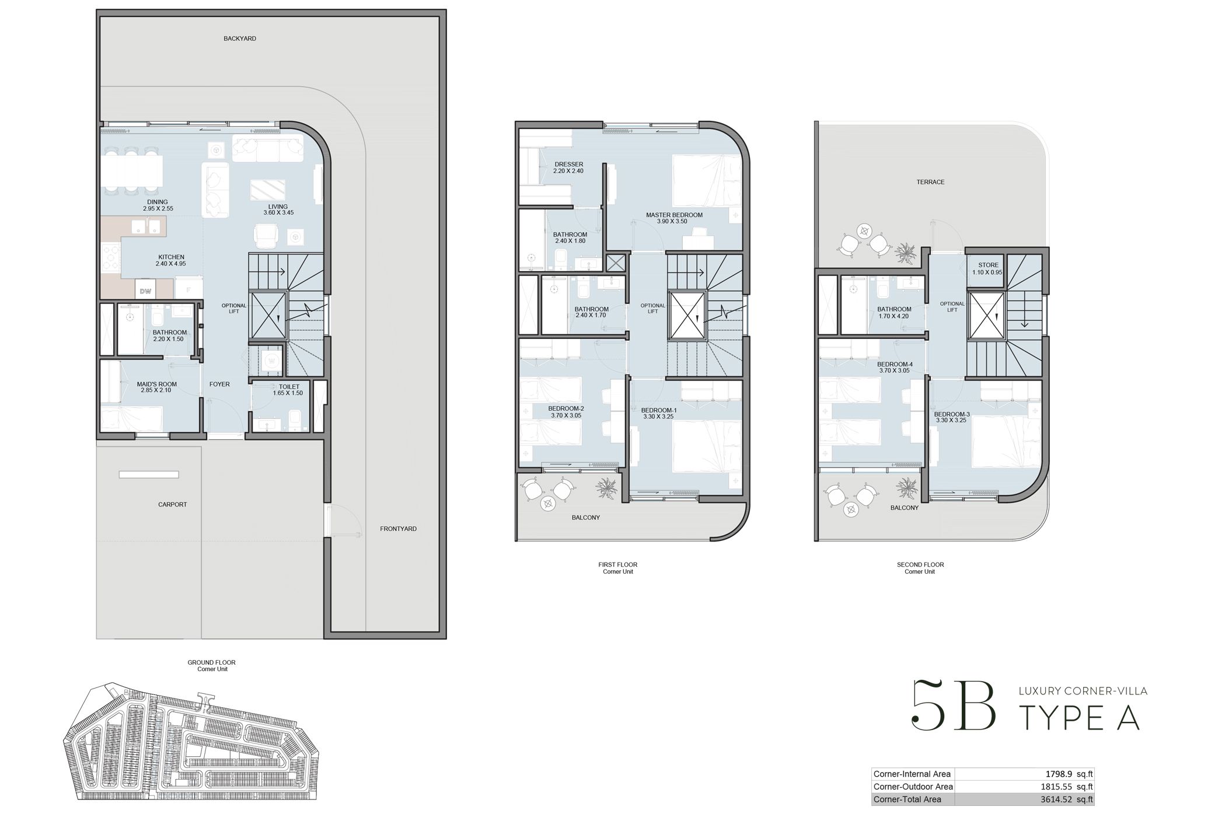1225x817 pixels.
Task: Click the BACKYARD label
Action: [x=240, y=39]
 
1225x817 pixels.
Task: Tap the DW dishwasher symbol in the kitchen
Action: [x=145, y=291]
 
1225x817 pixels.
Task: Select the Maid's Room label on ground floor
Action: [x=156, y=387]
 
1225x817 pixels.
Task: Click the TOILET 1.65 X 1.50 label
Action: [x=288, y=390]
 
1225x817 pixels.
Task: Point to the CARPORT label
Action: [x=172, y=505]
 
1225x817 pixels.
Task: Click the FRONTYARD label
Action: [x=398, y=529]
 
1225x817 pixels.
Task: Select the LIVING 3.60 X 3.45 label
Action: [x=278, y=210]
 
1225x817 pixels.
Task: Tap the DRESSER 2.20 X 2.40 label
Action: [x=568, y=167]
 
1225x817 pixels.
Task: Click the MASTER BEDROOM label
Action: [x=674, y=218]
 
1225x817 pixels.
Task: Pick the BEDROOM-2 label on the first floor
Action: [x=566, y=412]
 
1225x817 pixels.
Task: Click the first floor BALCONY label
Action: [x=585, y=518]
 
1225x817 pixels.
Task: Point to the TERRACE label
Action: [x=930, y=182]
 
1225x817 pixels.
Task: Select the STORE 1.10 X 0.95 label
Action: [x=987, y=268]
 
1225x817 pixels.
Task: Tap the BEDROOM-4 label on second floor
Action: [x=894, y=367]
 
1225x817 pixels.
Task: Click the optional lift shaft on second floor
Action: [x=986, y=316]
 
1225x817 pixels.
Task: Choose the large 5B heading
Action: [x=954, y=706]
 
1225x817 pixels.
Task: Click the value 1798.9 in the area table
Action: [x=1058, y=774]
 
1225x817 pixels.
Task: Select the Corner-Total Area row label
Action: [x=907, y=799]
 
